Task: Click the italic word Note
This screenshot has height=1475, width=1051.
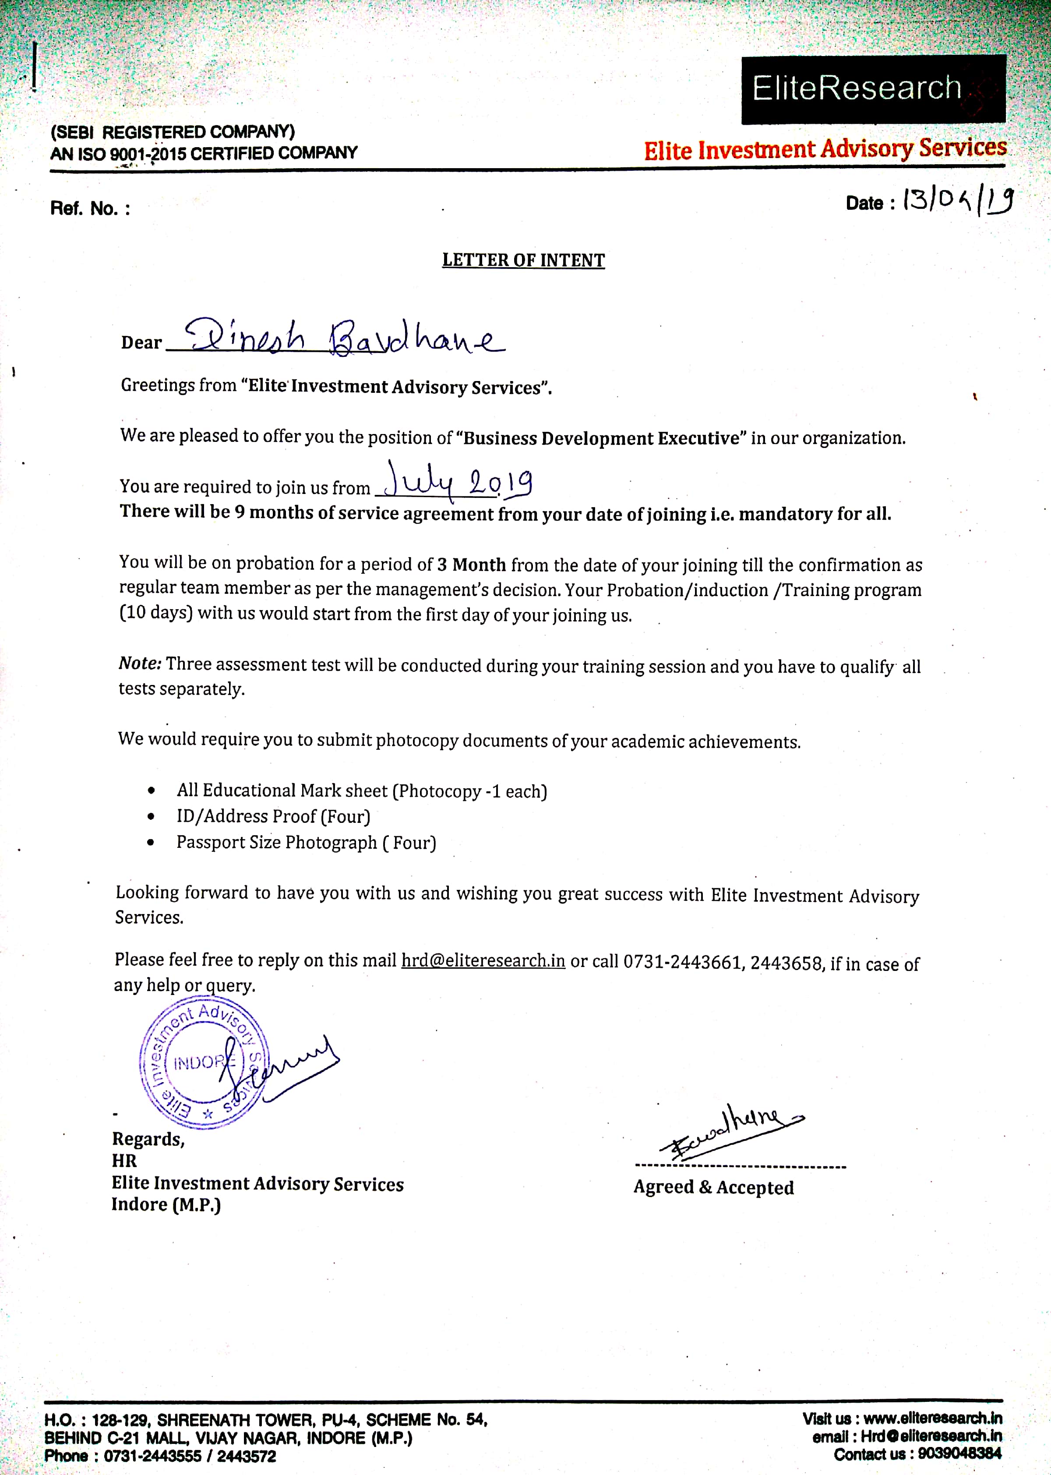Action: [x=139, y=664]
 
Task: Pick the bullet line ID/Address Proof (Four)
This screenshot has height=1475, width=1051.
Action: [x=273, y=817]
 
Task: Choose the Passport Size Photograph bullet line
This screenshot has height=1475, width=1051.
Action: [x=306, y=843]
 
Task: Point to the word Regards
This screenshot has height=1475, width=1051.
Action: [x=148, y=1139]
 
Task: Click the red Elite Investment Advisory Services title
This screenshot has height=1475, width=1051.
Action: [x=825, y=149]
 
